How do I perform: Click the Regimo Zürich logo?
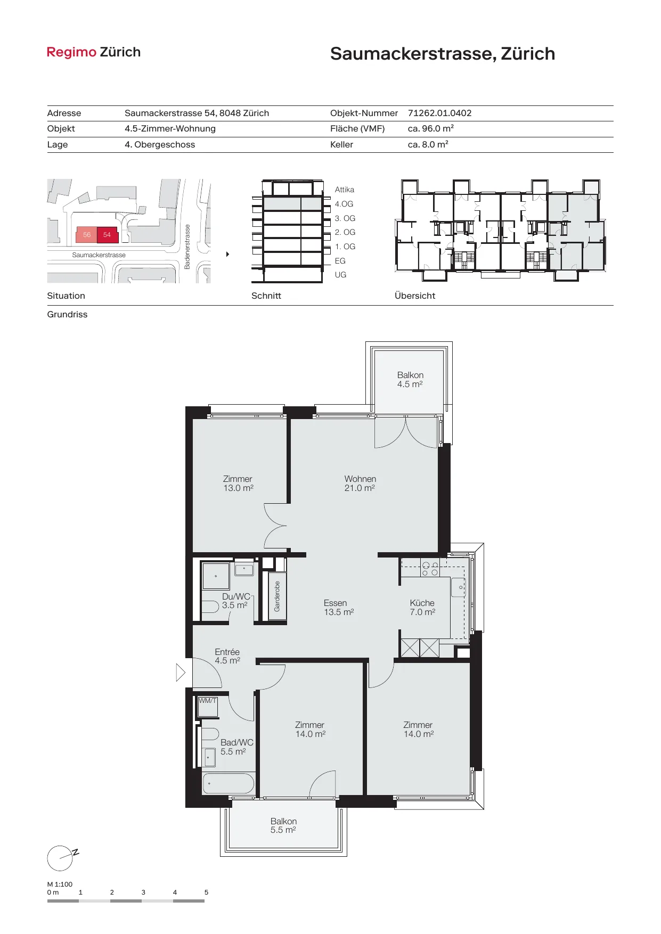[x=94, y=52]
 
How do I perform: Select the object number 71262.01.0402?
[x=439, y=113]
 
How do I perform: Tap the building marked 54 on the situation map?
[x=107, y=235]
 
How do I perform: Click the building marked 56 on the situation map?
[x=87, y=235]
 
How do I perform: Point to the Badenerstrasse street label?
[x=187, y=247]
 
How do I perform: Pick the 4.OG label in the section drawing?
[x=344, y=204]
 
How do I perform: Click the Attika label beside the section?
[x=345, y=190]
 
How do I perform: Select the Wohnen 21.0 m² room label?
[x=360, y=484]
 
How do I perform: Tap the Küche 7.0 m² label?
[x=422, y=608]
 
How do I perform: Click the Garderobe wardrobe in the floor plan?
[x=277, y=596]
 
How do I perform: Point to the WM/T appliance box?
[x=208, y=707]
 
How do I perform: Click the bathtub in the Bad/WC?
[x=229, y=783]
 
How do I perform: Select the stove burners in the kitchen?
[x=430, y=569]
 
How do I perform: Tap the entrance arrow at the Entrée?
[x=181, y=673]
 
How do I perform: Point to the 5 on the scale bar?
[x=206, y=892]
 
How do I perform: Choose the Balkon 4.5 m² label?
[x=410, y=380]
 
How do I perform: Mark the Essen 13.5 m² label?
[x=339, y=608]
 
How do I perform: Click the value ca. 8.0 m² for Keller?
[x=428, y=144]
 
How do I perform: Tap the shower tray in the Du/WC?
[x=216, y=576]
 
